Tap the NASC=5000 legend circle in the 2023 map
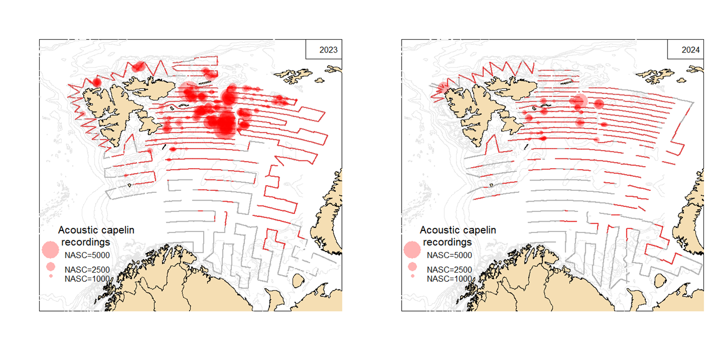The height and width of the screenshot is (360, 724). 50,249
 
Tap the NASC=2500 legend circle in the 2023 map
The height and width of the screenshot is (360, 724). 51,266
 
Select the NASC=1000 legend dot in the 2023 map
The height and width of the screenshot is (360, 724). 51,276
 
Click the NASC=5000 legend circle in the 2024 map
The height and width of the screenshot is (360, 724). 412,249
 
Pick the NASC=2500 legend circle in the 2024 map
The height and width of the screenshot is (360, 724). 412,266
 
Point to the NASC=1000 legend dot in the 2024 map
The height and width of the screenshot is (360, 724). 412,276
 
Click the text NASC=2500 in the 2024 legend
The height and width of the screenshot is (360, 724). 449,269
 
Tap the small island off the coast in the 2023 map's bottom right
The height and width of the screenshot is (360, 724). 298,281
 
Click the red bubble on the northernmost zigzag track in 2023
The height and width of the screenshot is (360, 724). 138,66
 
